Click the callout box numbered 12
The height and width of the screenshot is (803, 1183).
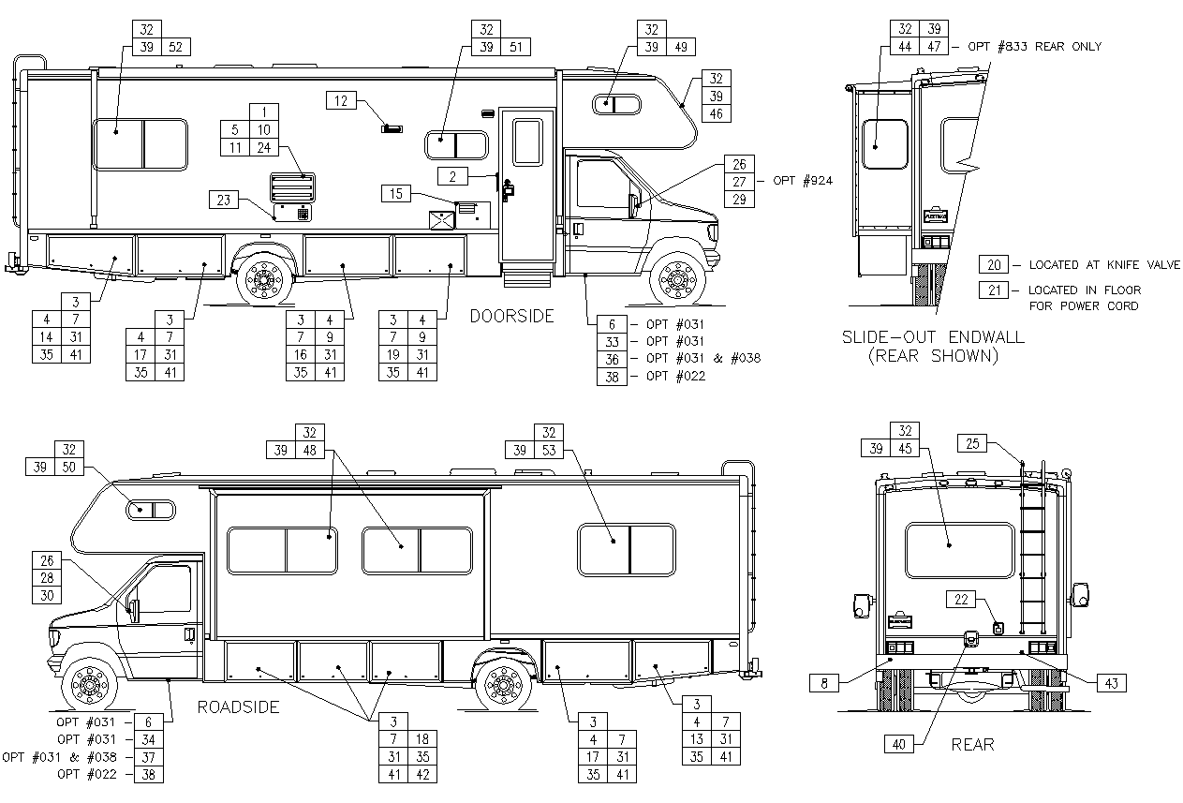[342, 100]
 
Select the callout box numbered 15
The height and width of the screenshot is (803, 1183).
[397, 193]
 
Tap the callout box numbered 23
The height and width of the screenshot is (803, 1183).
[223, 199]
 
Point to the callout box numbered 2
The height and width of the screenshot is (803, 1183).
[452, 175]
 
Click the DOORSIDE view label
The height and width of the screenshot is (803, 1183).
[511, 317]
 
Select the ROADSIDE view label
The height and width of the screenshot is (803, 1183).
[238, 707]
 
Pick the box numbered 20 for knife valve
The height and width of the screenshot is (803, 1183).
[994, 265]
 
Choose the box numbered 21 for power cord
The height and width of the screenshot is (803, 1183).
[994, 290]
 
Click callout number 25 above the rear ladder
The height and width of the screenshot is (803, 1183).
[972, 443]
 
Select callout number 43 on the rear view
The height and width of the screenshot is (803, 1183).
[1111, 683]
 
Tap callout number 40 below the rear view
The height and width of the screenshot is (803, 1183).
[899, 744]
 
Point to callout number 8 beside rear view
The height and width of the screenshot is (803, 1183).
[824, 684]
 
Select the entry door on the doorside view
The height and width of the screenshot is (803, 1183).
[525, 187]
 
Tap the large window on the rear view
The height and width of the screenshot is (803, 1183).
[960, 550]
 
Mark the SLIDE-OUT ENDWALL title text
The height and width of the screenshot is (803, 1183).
[933, 337]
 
